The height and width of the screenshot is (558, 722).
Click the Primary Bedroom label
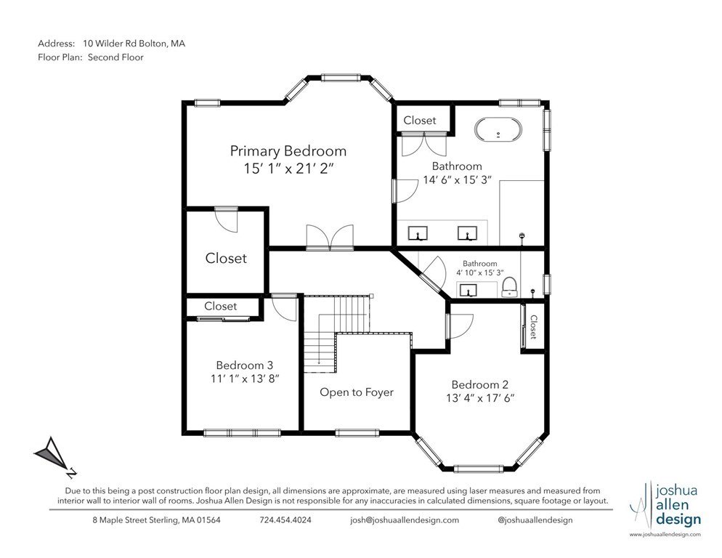pos(288,151)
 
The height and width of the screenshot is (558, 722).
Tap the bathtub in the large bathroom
pos(498,132)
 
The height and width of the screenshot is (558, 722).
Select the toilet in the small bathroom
pos(509,286)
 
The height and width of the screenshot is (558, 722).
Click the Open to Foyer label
pos(357,392)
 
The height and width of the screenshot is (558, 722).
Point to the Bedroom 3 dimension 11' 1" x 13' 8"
pos(244,379)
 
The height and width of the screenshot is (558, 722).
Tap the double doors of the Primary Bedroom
pos(330,237)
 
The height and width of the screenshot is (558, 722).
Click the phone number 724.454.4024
pos(285,520)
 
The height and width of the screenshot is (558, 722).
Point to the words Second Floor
pos(115,57)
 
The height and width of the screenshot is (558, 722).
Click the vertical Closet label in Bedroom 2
pos(533,326)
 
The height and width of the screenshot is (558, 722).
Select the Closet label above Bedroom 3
pos(220,306)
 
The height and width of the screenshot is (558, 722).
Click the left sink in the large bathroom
pos(418,233)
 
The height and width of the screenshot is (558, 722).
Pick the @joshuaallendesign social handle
pos(535,520)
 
